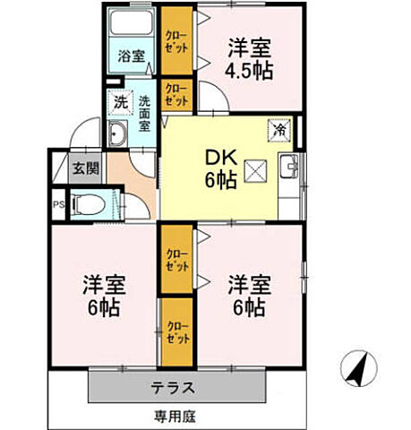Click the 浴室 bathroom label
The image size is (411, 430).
tap(131, 56)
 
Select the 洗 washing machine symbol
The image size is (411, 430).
tap(120, 102)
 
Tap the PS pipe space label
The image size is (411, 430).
tap(59, 202)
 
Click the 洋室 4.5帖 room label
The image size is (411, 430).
tap(249, 58)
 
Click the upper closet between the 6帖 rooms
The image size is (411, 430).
tap(176, 259)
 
